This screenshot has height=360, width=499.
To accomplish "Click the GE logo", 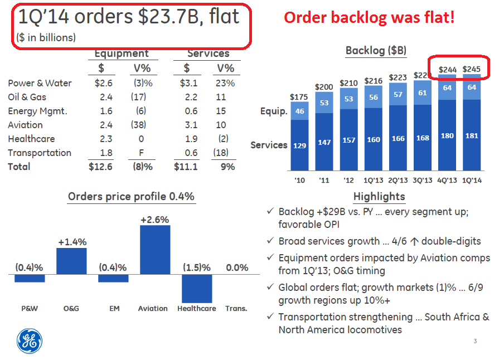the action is coord(30,341).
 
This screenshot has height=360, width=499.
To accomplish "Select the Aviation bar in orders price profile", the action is coord(155,250).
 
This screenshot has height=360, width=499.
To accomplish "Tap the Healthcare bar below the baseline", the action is coord(197,289).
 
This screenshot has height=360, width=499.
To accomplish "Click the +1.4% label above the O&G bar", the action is coord(72,242).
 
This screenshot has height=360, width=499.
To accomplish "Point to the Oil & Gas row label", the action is coord(27,97).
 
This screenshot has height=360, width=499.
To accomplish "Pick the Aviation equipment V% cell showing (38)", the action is coord(138,125).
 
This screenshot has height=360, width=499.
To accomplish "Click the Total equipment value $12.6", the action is coord(100,167).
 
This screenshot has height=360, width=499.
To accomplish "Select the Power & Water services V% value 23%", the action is coord(225,83).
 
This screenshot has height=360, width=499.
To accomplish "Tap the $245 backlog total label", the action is coord(471,69).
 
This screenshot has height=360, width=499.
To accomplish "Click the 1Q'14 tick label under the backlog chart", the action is coord(472,181).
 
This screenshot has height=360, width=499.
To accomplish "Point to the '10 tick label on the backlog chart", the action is coord(299,181).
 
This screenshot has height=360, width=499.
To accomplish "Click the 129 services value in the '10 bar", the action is coord(299,145).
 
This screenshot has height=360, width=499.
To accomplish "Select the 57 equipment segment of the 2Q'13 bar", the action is coord(398,94).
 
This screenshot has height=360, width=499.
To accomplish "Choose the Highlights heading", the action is coord(379,197).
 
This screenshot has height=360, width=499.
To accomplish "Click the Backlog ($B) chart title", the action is coord(376,51).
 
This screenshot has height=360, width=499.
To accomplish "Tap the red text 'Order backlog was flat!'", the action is coord(369,17).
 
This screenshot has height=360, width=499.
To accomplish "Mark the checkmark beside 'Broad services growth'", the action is coord(270,240).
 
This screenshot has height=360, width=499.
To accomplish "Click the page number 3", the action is coord(475,341).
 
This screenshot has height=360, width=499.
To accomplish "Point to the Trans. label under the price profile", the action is coord(236,309).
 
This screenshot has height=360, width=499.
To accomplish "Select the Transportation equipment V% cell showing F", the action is coord(141,153).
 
